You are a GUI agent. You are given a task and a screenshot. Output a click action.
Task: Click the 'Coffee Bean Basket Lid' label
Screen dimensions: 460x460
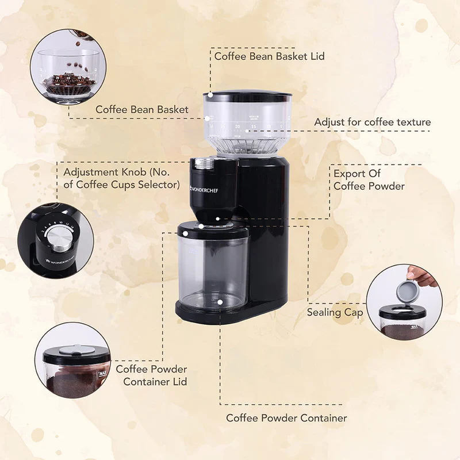(x=269, y=56)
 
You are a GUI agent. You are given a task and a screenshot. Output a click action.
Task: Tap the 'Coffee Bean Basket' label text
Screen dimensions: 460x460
(x=141, y=109)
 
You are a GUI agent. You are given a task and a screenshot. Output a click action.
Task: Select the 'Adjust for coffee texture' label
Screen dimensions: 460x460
(x=372, y=122)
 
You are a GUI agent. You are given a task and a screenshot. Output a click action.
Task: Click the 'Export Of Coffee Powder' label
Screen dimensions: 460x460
(x=369, y=179)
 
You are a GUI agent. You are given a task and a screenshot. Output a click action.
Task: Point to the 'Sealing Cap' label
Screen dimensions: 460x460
(x=335, y=312)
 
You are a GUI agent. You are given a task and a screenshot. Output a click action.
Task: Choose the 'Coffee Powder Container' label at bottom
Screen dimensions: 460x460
(x=286, y=418)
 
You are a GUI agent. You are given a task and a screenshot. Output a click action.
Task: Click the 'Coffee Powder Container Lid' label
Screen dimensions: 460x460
(x=151, y=375)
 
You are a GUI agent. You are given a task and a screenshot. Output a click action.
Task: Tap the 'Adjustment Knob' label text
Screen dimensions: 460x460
(x=121, y=178)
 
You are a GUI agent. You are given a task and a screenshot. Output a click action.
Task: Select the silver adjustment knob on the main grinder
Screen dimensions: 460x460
(x=203, y=164)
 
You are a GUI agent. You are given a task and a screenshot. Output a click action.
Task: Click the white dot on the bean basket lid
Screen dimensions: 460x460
(x=210, y=94)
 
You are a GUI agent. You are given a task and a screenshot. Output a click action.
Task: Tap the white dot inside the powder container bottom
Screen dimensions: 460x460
(x=220, y=300)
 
